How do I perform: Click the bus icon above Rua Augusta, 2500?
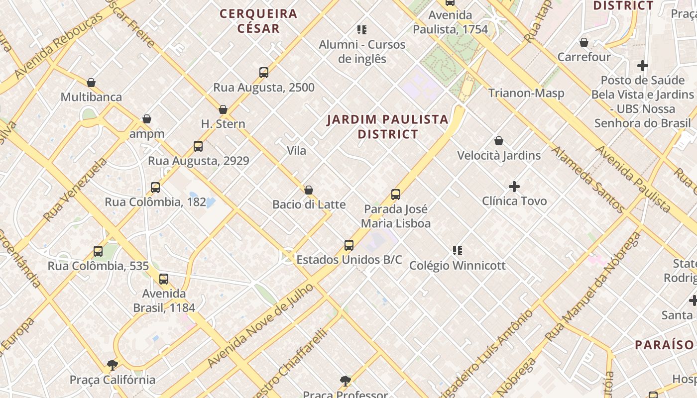tap(264, 73)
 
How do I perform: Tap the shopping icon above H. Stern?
tap(223, 109)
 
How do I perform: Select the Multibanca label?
tap(91, 97)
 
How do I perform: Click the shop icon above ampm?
tap(147, 119)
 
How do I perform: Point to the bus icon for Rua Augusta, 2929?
tap(198, 146)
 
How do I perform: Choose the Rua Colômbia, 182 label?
tap(155, 202)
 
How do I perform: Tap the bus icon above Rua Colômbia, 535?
tap(98, 251)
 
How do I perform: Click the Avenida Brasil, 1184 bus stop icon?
tap(164, 279)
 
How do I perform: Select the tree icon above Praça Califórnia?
tap(113, 365)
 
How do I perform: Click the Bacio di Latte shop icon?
tap(309, 190)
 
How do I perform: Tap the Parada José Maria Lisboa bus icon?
tap(396, 195)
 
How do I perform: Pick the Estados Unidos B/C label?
tap(349, 260)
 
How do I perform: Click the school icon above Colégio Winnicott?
tap(458, 251)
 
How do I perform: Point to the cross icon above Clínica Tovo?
tap(514, 187)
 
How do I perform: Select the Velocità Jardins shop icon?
tap(499, 141)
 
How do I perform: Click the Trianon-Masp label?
tap(526, 93)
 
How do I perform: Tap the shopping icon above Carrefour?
tap(584, 43)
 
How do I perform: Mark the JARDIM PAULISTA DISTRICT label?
tap(388, 127)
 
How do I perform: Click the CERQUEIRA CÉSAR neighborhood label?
tap(258, 21)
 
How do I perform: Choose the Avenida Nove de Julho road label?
tap(261, 326)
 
